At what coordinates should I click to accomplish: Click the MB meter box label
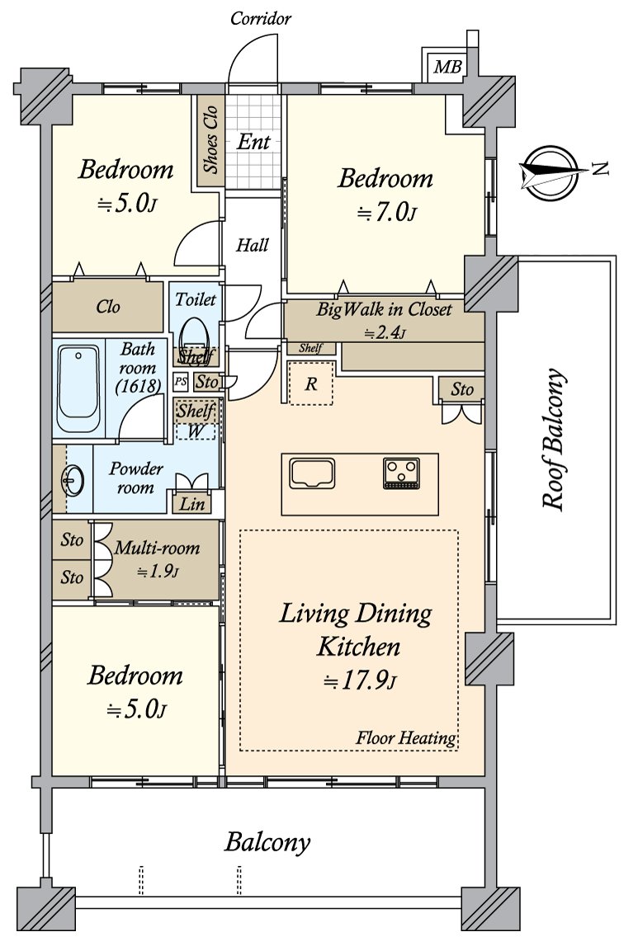[447, 66]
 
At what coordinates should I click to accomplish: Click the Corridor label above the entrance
[261, 19]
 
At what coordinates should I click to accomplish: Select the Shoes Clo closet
[210, 140]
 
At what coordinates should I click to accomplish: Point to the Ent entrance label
[253, 142]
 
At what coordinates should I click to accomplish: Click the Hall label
[253, 245]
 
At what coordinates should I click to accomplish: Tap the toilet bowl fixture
[194, 336]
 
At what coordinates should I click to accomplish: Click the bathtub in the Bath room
[78, 388]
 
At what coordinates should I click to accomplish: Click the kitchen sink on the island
[312, 473]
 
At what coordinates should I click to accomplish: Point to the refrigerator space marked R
[311, 384]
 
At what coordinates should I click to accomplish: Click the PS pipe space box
[181, 382]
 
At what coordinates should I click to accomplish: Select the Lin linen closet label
[192, 503]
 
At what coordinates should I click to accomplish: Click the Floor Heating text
[405, 737]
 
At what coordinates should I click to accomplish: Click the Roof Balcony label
[554, 440]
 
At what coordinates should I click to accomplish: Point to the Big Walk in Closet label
[384, 310]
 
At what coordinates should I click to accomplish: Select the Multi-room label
[157, 548]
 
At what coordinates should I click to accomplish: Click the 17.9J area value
[360, 681]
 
